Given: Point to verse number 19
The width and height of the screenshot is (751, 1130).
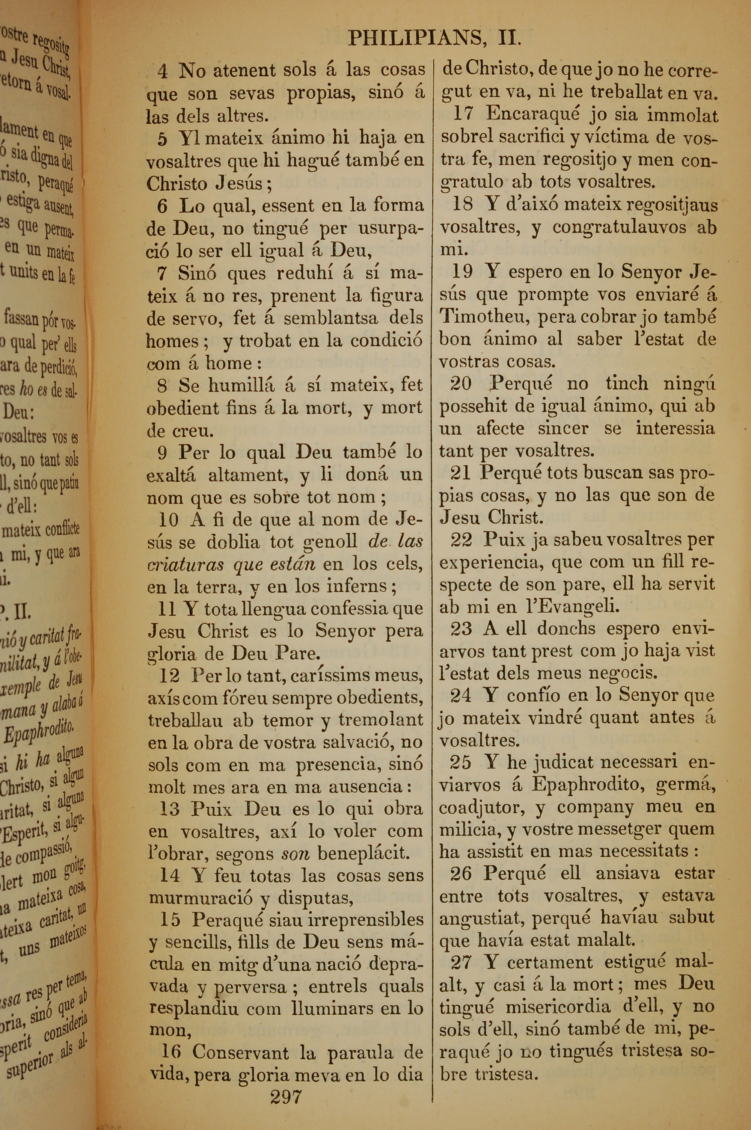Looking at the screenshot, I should coord(462,272).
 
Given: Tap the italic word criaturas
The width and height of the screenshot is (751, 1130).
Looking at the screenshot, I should coord(186,564).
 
